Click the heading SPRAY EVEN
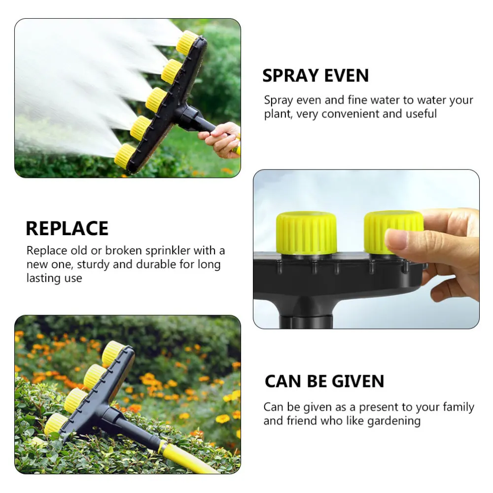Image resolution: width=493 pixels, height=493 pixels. (x=316, y=76)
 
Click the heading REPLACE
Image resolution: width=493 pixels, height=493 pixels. (x=67, y=229)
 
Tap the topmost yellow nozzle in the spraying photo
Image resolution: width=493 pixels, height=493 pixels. (x=187, y=42)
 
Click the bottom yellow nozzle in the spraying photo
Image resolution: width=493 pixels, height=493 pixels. (x=125, y=155)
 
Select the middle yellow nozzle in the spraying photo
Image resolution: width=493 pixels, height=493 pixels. (x=156, y=100)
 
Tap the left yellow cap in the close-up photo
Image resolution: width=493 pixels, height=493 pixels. (x=306, y=233)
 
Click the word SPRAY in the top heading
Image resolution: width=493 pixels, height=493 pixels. (x=288, y=76)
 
